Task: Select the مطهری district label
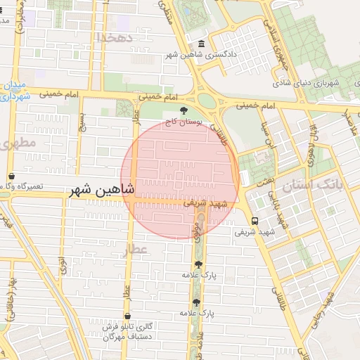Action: point(16,144)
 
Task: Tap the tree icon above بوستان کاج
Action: point(184,110)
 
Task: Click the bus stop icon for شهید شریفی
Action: point(255,220)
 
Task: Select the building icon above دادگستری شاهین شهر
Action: point(202,44)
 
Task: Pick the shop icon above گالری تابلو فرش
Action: point(127,316)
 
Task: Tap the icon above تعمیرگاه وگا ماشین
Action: point(11,176)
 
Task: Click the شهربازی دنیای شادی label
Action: point(314,83)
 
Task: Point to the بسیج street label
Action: point(82,124)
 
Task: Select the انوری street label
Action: point(62,266)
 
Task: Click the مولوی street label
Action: point(194,233)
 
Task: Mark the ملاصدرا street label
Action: point(346,124)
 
